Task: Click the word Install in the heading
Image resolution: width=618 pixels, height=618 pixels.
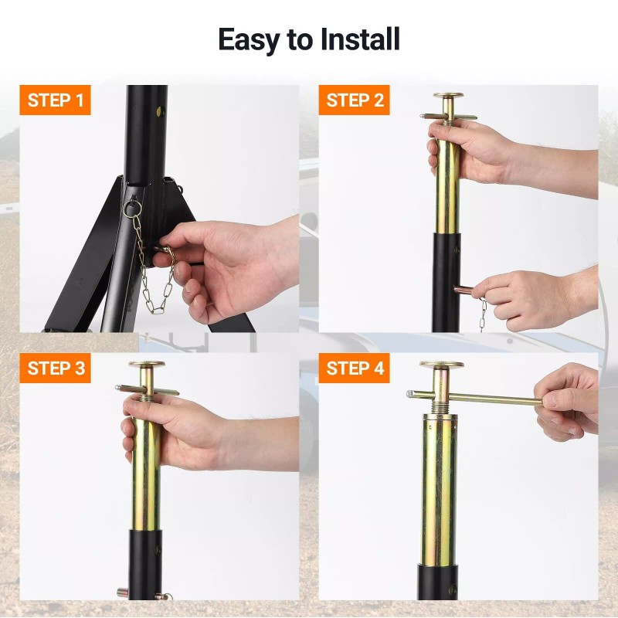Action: click(x=360, y=39)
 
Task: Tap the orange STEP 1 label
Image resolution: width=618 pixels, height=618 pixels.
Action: click(x=55, y=100)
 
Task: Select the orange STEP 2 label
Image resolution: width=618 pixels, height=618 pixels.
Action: click(x=354, y=100)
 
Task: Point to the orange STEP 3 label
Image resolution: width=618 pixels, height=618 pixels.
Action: click(x=55, y=368)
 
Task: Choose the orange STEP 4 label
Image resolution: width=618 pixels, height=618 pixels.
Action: click(x=354, y=368)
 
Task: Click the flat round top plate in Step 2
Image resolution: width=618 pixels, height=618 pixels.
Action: click(x=448, y=95)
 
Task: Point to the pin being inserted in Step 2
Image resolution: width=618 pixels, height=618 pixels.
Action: click(x=465, y=291)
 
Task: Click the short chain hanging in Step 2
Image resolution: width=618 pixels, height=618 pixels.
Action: click(x=482, y=314)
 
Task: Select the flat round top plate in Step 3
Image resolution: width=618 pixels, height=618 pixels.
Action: click(x=147, y=364)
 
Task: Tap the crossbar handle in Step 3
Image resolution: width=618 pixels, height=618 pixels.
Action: click(x=147, y=390)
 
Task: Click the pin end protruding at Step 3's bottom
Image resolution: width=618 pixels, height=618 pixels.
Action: click(x=123, y=592)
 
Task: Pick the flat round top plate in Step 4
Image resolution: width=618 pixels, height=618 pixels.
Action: click(x=441, y=365)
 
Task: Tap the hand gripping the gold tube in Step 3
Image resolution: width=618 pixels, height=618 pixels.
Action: click(x=173, y=432)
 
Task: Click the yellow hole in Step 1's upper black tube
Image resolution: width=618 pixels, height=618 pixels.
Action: click(x=160, y=112)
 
